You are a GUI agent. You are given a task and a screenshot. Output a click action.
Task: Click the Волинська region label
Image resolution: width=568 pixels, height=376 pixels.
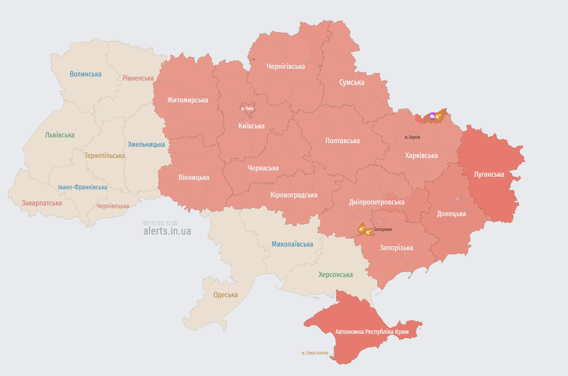point(85,74)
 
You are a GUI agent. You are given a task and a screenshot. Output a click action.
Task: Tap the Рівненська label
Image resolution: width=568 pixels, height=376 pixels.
point(138,78)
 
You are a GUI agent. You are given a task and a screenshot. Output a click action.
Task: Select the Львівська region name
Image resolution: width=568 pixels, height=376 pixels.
point(60,135)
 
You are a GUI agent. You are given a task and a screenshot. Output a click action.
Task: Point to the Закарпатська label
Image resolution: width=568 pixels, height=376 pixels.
point(42,203)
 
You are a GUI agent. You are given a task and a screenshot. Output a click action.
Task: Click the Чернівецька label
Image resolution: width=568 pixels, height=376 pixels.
point(112,206)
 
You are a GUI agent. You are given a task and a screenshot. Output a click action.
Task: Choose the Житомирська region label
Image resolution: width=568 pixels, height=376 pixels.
point(188,100)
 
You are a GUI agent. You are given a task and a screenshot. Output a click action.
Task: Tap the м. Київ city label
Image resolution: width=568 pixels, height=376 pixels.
point(247,108)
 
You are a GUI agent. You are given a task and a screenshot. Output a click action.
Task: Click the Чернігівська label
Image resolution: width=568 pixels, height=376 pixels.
point(286,66)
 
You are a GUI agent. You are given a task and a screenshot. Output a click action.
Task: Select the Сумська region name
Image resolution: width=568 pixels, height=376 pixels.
point(351,82)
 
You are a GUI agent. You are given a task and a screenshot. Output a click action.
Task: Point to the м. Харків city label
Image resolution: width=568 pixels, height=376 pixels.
point(412,137)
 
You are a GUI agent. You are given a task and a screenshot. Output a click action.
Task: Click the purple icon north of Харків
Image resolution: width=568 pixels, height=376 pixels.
point(432,116)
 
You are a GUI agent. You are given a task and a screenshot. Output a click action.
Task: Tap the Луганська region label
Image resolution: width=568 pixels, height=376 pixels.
point(489,174)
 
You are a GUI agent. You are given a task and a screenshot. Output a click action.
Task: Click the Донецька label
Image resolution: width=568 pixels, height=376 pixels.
point(451,214)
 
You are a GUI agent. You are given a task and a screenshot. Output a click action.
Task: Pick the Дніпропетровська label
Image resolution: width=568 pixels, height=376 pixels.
point(376,202)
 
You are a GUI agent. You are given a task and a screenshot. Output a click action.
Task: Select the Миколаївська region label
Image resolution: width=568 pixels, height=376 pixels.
point(292,244)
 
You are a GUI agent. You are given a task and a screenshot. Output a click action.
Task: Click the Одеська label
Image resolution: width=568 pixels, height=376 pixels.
point(226,295)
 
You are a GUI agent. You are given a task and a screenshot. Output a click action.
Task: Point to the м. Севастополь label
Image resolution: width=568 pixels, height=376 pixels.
point(315,353)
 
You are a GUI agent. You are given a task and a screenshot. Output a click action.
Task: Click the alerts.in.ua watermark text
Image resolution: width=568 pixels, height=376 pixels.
point(167,231)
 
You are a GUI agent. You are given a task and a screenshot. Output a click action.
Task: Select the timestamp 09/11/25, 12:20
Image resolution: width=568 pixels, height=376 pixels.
point(160,223)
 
